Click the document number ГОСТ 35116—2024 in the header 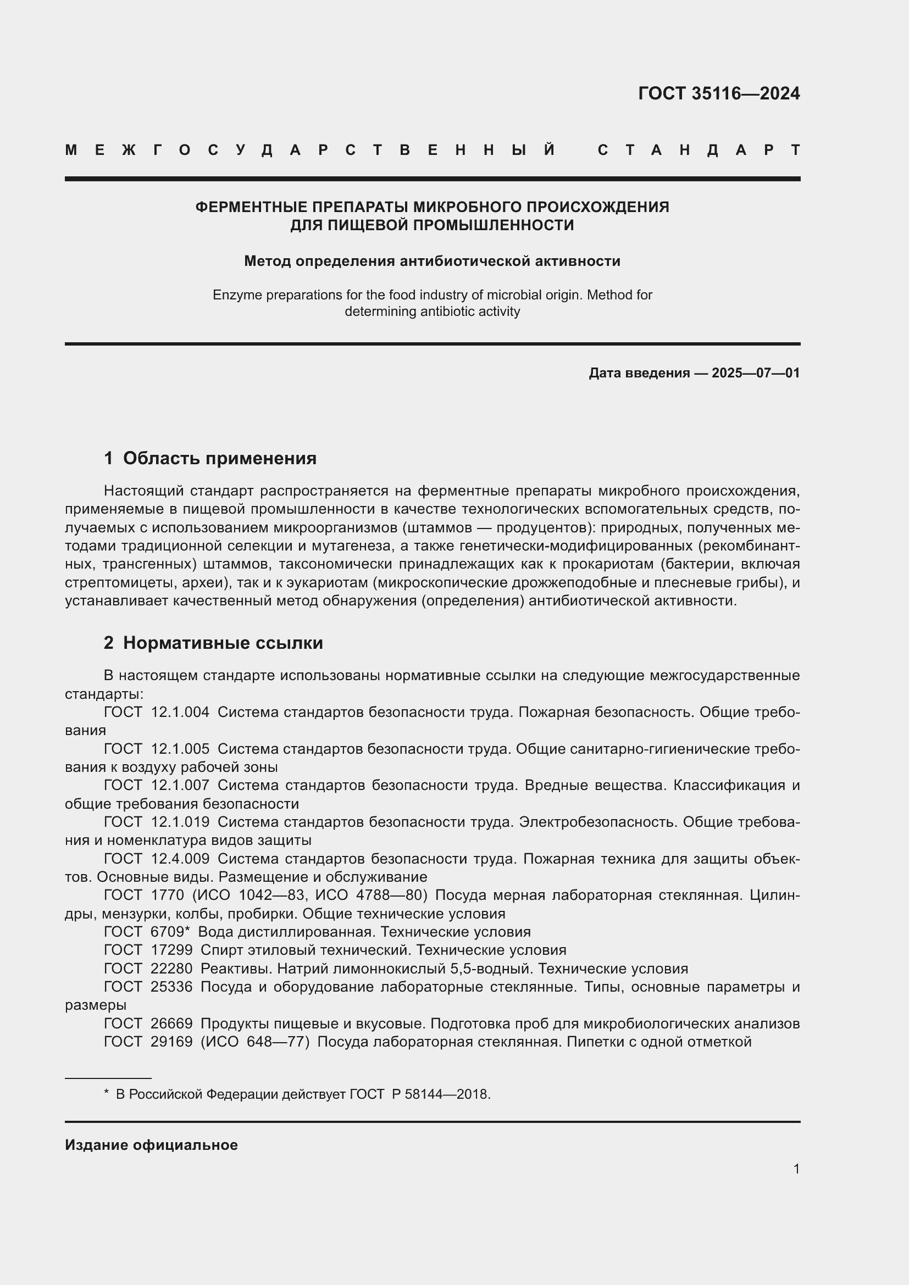point(719,93)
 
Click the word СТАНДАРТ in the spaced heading point(699,150)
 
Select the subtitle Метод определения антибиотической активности point(432,261)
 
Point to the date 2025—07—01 point(755,372)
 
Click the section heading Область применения point(219,458)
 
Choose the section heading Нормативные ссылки point(223,643)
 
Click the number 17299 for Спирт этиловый point(171,950)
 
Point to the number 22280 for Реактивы point(171,968)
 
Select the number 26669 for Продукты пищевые point(171,1023)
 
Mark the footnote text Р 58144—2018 point(441,1094)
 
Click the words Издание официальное point(151,1145)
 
